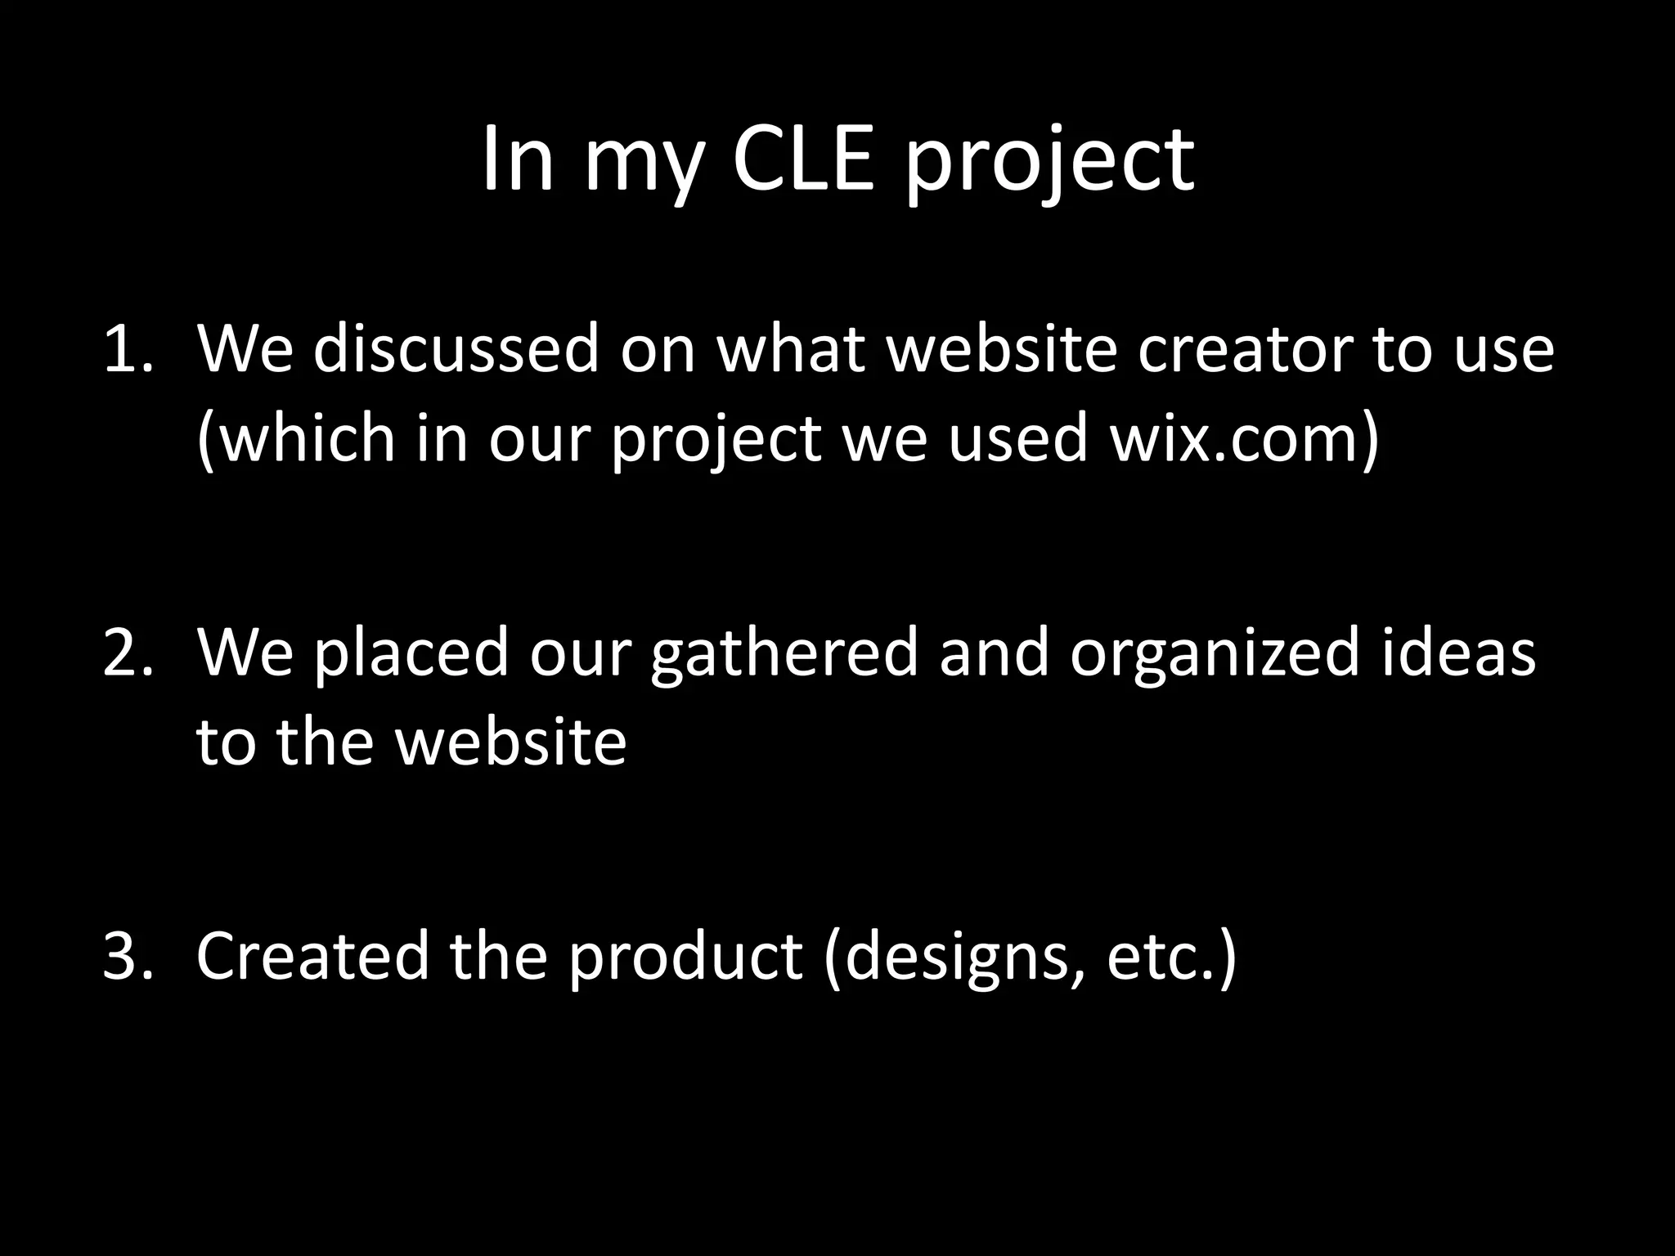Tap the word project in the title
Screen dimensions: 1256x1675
click(1049, 164)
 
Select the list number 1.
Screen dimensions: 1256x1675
click(128, 350)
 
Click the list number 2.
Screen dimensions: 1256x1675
click(128, 653)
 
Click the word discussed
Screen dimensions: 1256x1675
click(456, 350)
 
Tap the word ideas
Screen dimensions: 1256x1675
click(1458, 653)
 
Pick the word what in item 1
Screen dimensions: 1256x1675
click(790, 350)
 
